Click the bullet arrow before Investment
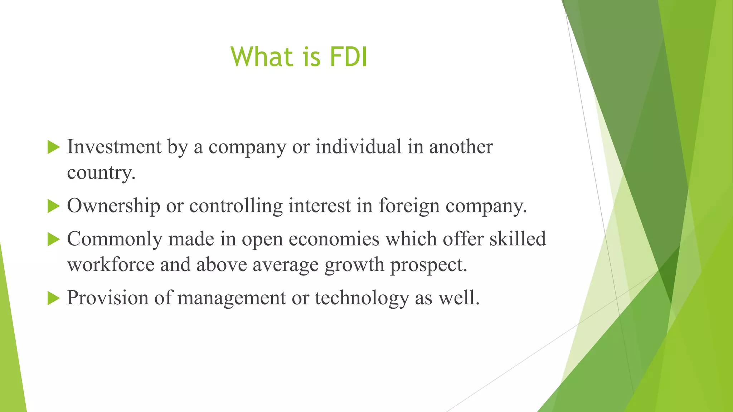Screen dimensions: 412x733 coord(53,147)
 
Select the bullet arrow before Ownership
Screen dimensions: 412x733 coord(53,206)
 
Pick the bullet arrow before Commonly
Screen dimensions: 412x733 coord(53,239)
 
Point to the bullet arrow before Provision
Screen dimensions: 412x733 coord(53,298)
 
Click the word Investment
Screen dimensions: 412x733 coord(114,147)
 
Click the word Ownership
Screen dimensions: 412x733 coord(113,206)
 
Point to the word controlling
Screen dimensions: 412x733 coord(236,206)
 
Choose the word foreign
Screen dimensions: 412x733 coord(409,206)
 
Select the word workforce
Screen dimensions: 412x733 coord(111,265)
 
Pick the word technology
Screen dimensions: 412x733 coord(361,298)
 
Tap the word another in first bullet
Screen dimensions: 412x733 coord(461,147)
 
